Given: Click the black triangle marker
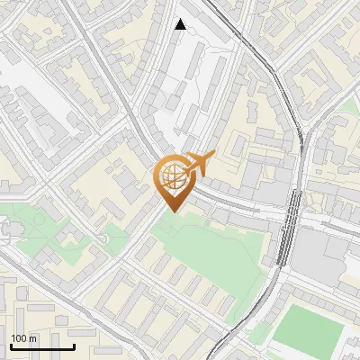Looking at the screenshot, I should pyautogui.click(x=181, y=24).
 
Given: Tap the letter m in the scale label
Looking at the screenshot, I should pyautogui.click(x=34, y=338).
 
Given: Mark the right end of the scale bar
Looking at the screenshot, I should pyautogui.click(x=74, y=346).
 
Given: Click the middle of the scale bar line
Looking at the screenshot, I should pyautogui.click(x=41, y=346).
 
